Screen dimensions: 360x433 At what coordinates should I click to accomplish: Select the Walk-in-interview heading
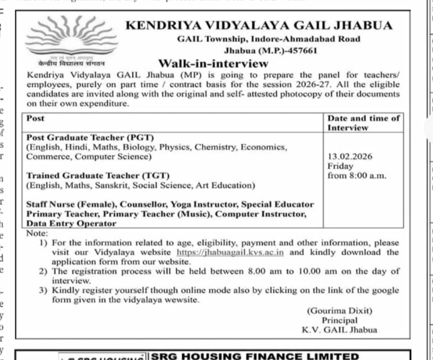[213, 63]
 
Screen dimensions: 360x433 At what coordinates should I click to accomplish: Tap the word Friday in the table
[340, 166]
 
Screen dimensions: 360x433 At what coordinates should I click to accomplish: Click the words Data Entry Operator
[71, 224]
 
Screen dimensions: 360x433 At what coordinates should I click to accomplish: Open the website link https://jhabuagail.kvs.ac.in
[230, 252]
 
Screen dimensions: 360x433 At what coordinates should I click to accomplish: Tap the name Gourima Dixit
[340, 311]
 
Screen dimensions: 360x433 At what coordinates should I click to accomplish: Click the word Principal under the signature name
[339, 320]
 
